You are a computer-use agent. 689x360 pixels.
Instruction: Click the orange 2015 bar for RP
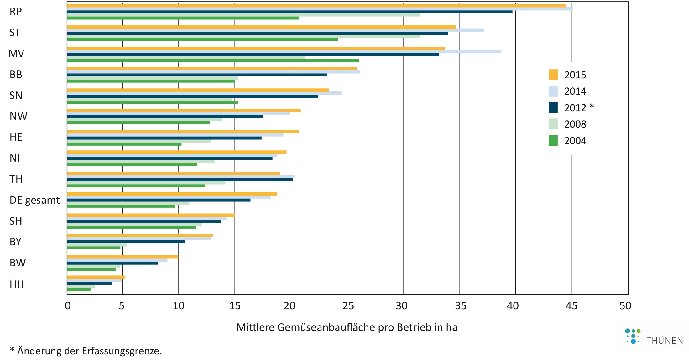point(316,6)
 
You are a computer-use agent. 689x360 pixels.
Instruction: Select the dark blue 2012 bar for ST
point(258,33)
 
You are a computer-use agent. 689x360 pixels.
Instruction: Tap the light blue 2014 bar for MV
point(284,51)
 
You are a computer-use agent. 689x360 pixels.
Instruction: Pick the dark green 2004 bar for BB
point(151,81)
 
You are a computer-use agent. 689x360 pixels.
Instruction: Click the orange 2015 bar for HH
point(96,277)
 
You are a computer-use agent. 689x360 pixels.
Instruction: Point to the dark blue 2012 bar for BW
point(112,263)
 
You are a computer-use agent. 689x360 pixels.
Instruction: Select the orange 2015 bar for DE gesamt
point(172,194)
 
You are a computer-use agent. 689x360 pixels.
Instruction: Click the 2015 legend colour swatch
point(553,75)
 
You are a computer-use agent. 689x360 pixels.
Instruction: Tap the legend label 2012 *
point(579,108)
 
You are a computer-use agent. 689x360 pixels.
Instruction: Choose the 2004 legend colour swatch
point(553,141)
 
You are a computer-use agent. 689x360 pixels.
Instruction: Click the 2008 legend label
point(575,124)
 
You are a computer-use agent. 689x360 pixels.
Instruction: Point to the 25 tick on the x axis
point(348,305)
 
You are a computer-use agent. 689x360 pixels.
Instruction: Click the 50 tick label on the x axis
point(625,305)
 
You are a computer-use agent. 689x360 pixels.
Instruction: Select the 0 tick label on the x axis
point(68,305)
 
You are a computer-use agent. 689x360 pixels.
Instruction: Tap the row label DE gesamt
point(34,200)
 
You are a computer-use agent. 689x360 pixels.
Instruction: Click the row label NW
point(18,116)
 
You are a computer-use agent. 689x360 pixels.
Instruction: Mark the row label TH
point(16,179)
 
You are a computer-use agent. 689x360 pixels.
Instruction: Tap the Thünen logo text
point(665,341)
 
